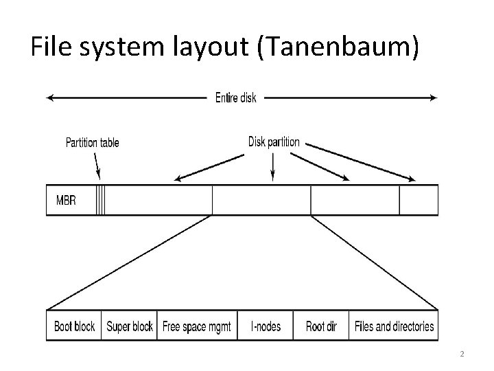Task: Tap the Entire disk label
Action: [235, 98]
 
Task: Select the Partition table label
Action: [92, 143]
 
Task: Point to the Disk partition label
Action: [274, 142]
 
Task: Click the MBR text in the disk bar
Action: [66, 201]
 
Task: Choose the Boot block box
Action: [74, 326]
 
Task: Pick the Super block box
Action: [130, 326]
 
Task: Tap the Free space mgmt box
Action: [197, 326]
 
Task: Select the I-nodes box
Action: [265, 326]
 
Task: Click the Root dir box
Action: [320, 326]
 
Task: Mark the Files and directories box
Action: [394, 326]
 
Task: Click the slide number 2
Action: [462, 354]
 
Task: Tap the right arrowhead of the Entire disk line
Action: [434, 98]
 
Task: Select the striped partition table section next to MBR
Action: [101, 201]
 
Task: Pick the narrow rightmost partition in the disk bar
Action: [419, 201]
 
